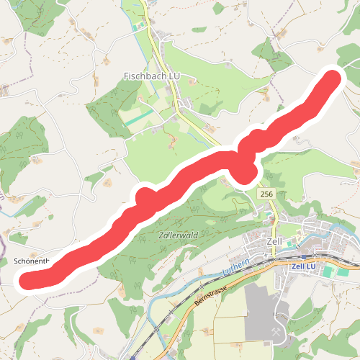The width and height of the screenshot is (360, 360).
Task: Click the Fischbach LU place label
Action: pyautogui.click(x=152, y=76)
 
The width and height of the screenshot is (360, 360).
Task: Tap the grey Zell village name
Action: pyautogui.click(x=273, y=241)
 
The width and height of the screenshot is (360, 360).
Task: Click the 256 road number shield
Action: pyautogui.click(x=266, y=194)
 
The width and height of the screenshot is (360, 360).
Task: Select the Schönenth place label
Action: pyautogui.click(x=31, y=261)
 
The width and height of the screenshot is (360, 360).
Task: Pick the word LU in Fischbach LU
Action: pyautogui.click(x=174, y=76)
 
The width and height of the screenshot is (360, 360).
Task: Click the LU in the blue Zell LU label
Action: pyautogui.click(x=311, y=266)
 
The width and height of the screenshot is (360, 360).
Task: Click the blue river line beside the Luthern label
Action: pyautogui.click(x=216, y=276)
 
